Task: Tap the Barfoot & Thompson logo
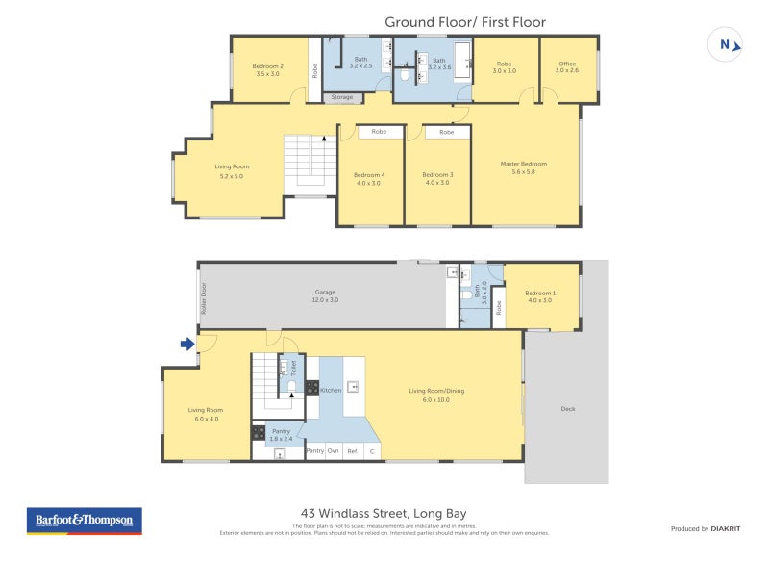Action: click(x=84, y=521)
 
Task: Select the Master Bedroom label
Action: click(x=524, y=164)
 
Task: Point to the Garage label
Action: click(x=325, y=293)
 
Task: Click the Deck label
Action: click(x=567, y=409)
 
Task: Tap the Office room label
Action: click(x=567, y=64)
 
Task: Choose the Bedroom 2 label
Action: click(x=267, y=66)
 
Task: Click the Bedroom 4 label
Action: click(x=370, y=175)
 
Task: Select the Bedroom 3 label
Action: click(x=437, y=175)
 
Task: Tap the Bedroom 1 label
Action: click(x=539, y=294)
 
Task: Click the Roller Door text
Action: click(x=204, y=300)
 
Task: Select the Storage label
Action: click(x=342, y=97)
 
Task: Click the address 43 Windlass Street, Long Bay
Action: click(x=384, y=513)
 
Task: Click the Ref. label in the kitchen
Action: click(x=352, y=450)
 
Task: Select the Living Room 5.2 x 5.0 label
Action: click(x=232, y=170)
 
